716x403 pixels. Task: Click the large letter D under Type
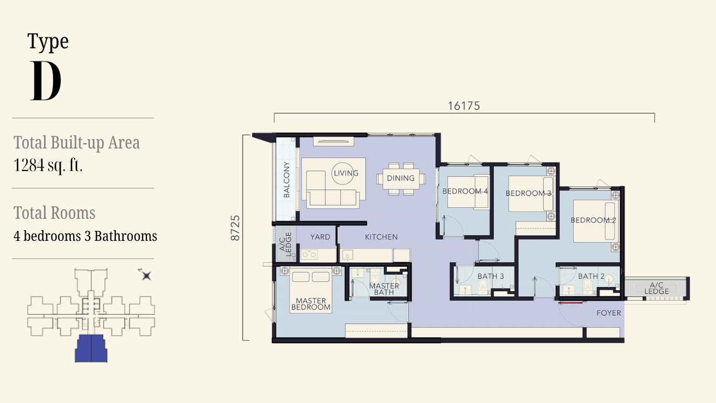coord(46,81)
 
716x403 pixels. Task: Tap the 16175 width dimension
coord(464,106)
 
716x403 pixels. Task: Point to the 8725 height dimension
coord(235,228)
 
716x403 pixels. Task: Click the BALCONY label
coord(286,179)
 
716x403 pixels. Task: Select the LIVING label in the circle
coord(346,173)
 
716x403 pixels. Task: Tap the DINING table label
coord(401,178)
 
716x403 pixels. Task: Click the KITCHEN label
coord(382,237)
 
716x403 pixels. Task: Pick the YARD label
coord(320,237)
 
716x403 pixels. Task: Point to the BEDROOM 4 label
coord(465,191)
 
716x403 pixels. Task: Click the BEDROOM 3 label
coord(528,193)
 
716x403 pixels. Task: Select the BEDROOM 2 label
coord(593,220)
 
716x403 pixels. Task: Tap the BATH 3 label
coord(491,276)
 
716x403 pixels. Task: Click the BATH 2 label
coord(591,276)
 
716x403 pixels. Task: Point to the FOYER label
coord(609,313)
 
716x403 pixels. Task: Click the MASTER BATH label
coord(384,289)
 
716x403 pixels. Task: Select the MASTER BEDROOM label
coord(311,304)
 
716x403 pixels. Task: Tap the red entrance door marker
coord(571,302)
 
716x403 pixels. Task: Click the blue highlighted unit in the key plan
coord(91,348)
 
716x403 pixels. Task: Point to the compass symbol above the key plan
coord(146,275)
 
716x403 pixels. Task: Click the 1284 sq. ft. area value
coord(48,165)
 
